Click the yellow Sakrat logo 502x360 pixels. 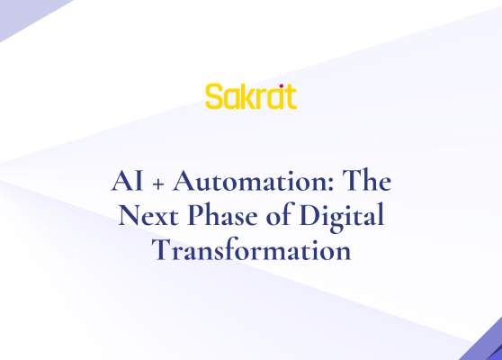tap(250, 96)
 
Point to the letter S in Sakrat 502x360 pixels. tap(213, 97)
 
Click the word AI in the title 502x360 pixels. tap(123, 181)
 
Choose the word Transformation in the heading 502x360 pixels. tap(251, 251)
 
